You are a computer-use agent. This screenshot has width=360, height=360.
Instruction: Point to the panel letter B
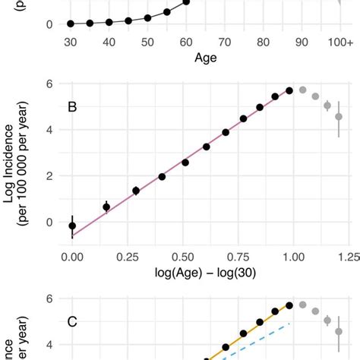(73, 107)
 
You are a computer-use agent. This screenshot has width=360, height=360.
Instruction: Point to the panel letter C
(73, 321)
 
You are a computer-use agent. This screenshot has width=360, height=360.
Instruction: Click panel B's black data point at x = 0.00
(72, 226)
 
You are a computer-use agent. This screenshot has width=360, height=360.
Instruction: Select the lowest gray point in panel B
(339, 117)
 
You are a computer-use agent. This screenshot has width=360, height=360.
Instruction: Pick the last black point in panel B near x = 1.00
(289, 90)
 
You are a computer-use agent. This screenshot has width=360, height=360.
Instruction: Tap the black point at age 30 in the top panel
(71, 24)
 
